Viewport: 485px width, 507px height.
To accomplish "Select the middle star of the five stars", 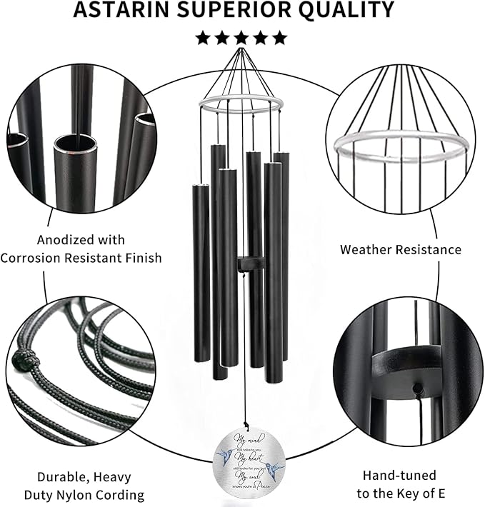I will pyautogui.click(x=242, y=37).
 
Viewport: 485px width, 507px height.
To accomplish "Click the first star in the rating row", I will pyautogui.click(x=204, y=37).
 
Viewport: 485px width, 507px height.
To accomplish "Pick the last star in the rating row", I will pyautogui.click(x=279, y=37).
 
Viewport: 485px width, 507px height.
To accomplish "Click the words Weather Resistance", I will pyautogui.click(x=400, y=250).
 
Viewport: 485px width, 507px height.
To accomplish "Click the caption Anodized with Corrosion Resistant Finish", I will pyautogui.click(x=81, y=249).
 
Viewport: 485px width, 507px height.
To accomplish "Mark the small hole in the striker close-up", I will pyautogui.click(x=418, y=388).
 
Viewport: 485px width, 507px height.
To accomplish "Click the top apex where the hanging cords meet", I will pyautogui.click(x=242, y=53).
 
